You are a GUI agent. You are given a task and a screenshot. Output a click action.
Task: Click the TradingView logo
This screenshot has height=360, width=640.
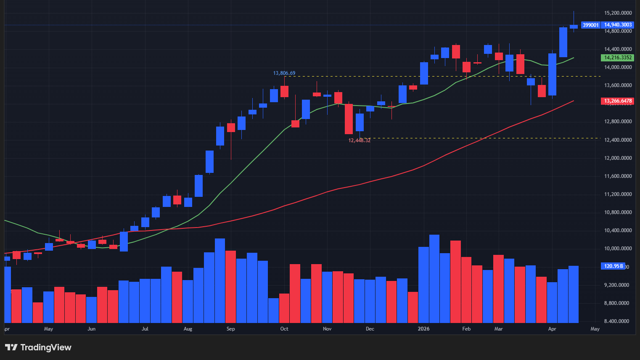(x=38, y=347)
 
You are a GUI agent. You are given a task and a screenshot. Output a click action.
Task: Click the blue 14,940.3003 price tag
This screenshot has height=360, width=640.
(x=618, y=25)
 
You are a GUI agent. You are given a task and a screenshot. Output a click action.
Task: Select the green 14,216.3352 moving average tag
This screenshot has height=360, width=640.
(x=618, y=58)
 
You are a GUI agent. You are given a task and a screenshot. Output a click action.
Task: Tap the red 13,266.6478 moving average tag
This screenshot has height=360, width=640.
(x=618, y=101)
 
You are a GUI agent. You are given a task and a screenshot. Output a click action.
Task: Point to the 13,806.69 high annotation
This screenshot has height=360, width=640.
(x=284, y=73)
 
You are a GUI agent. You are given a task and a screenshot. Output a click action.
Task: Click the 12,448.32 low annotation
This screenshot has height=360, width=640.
(x=360, y=140)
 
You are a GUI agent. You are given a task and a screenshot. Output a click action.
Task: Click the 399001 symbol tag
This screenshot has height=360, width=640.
(x=591, y=25)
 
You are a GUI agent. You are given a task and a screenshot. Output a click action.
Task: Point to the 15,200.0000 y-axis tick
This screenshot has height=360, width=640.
(x=618, y=13)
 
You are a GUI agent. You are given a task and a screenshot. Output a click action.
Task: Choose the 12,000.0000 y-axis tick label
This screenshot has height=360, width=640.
(x=618, y=158)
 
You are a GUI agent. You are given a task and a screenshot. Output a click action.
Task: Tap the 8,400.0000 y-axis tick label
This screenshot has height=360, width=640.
(x=618, y=321)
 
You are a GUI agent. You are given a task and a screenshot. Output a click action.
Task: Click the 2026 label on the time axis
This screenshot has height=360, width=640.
(x=423, y=329)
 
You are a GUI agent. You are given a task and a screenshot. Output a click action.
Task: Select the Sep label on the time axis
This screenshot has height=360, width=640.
(x=230, y=329)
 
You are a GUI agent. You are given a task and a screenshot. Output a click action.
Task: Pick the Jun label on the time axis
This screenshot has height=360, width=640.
(x=91, y=329)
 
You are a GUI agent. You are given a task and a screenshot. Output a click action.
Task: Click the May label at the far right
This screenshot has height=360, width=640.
(x=595, y=329)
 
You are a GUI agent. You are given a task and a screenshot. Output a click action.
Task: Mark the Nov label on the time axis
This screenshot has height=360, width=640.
(x=327, y=329)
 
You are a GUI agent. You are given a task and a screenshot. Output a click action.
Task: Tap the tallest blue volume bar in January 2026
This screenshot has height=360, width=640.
(x=434, y=278)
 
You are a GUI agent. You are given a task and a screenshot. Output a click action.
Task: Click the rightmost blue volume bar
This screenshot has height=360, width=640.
(x=574, y=294)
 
